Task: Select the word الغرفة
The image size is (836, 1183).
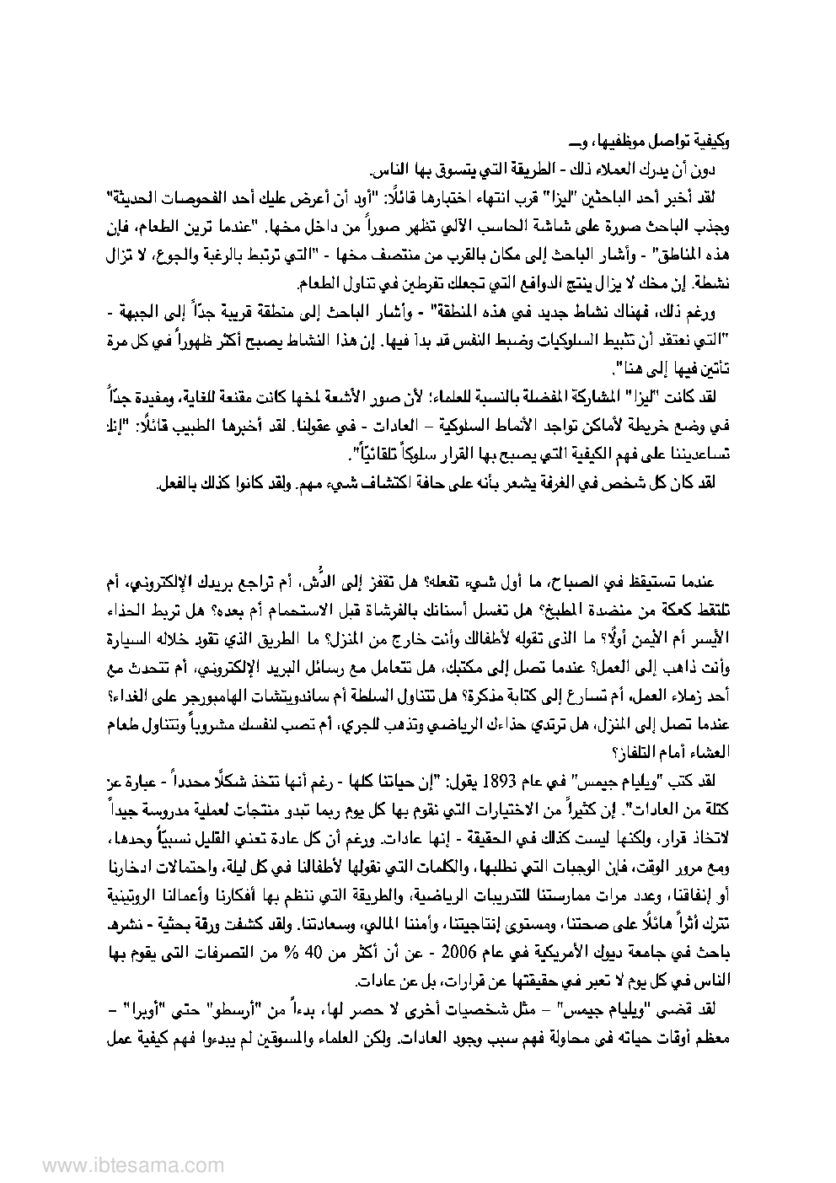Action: pos(567,483)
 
